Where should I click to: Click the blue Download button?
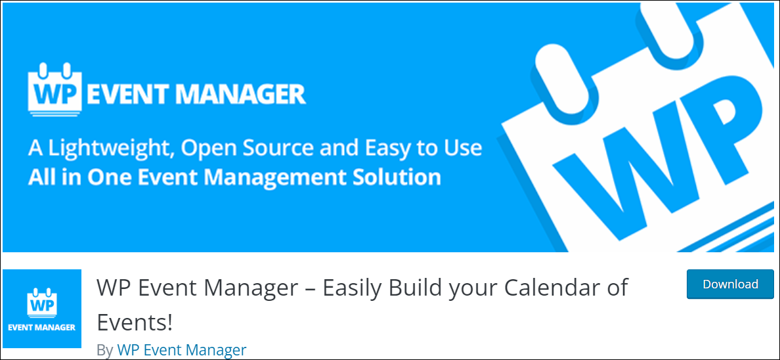click(x=730, y=284)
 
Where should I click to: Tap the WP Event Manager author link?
click(x=182, y=350)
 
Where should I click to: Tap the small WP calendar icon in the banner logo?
click(x=54, y=89)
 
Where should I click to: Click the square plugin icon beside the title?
click(x=42, y=309)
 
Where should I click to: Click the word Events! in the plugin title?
click(x=135, y=323)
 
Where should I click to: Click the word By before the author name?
click(x=105, y=351)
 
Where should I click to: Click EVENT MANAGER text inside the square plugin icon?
click(x=42, y=328)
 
